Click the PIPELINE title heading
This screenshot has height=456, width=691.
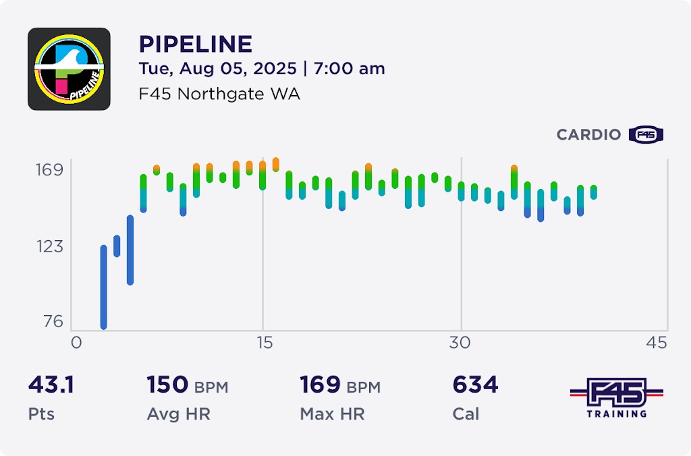pyautogui.click(x=195, y=45)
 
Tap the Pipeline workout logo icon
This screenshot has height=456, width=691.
pyautogui.click(x=69, y=69)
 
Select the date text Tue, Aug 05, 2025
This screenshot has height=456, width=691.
pyautogui.click(x=217, y=69)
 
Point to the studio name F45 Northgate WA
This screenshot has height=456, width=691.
pyautogui.click(x=219, y=94)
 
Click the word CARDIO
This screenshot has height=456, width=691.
pyautogui.click(x=588, y=135)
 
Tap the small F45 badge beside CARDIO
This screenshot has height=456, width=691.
pyautogui.click(x=646, y=135)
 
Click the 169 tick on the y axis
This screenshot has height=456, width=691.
pyautogui.click(x=49, y=169)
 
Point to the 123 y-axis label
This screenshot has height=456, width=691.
pyautogui.click(x=49, y=246)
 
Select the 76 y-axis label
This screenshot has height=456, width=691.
pyautogui.click(x=53, y=322)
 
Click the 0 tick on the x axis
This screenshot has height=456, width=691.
pyautogui.click(x=76, y=343)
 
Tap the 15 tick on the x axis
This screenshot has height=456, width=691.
pyautogui.click(x=264, y=343)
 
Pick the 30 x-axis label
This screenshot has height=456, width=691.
pyautogui.click(x=460, y=343)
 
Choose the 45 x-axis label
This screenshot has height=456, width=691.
pyautogui.click(x=657, y=343)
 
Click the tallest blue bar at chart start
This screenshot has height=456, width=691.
pyautogui.click(x=104, y=287)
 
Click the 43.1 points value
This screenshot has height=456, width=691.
pyautogui.click(x=51, y=385)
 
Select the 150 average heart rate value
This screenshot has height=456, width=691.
pyautogui.click(x=167, y=385)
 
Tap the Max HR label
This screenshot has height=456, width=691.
pyautogui.click(x=332, y=414)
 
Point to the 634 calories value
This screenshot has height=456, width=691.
pyautogui.click(x=475, y=385)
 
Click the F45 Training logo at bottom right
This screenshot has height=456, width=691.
pyautogui.click(x=616, y=398)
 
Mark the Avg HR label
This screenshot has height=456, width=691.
pyautogui.click(x=178, y=414)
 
